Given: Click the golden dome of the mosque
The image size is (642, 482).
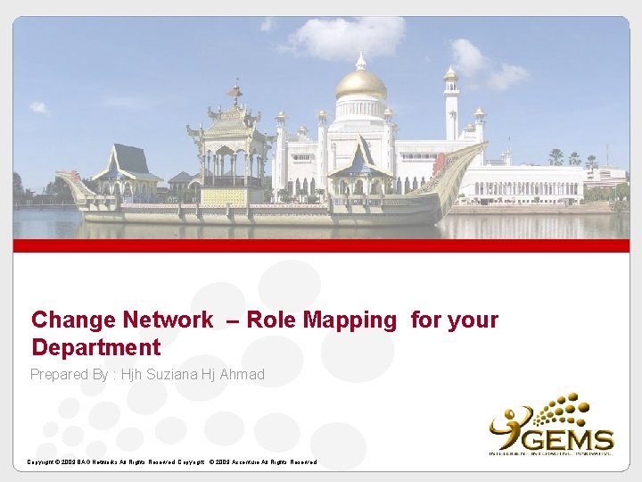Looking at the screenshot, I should pyautogui.click(x=360, y=85).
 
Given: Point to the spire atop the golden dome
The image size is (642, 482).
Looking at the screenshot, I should pyautogui.click(x=360, y=61).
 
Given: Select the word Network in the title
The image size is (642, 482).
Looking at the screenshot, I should pyautogui.click(x=169, y=320).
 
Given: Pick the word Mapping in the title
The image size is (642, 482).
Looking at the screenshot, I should pyautogui.click(x=354, y=320).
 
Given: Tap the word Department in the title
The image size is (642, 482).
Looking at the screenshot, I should pyautogui.click(x=95, y=347).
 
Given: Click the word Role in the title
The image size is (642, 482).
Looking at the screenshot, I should pyautogui.click(x=269, y=320).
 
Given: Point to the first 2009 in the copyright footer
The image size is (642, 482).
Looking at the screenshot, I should pyautogui.click(x=65, y=462).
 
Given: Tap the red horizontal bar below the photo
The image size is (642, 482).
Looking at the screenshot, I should pyautogui.click(x=321, y=245).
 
